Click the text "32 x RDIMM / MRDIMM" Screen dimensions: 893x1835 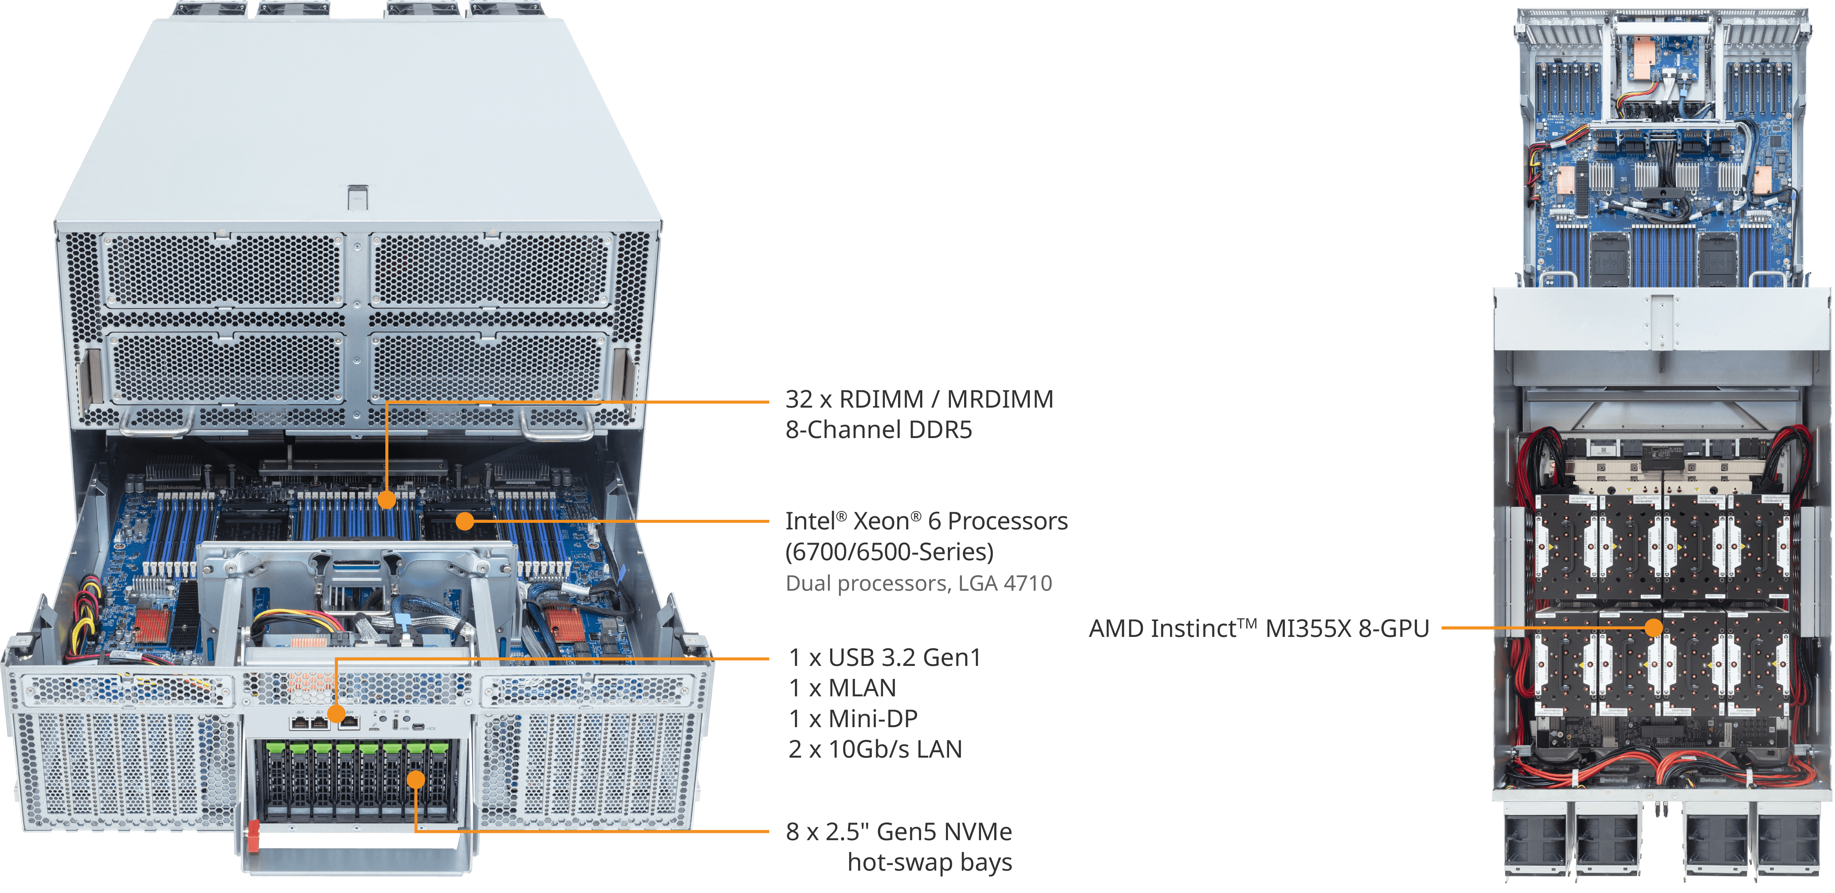tap(919, 400)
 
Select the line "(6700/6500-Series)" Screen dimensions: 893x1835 tap(889, 552)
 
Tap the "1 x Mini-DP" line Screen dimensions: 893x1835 tap(853, 718)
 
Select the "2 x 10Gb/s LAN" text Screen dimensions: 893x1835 tap(875, 749)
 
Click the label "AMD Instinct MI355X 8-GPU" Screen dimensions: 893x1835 tap(1259, 629)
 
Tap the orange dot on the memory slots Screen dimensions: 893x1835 tap(386, 500)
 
